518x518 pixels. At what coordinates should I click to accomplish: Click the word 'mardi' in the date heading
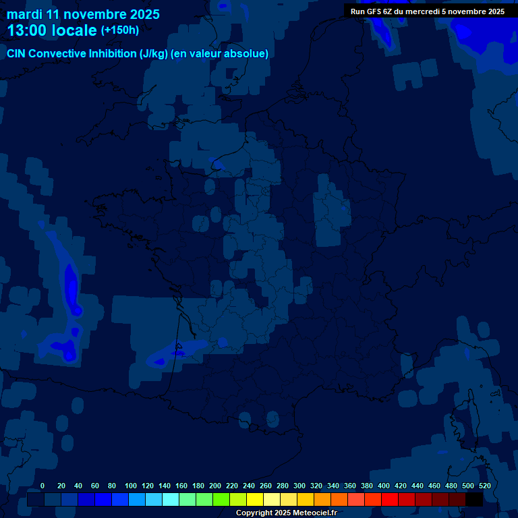pyautogui.click(x=24, y=14)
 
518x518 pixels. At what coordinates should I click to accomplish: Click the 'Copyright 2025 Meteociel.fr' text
pyautogui.click(x=286, y=513)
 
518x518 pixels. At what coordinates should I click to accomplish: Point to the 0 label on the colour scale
pyautogui.click(x=42, y=486)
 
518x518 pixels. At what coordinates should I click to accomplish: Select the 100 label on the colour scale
pyautogui.click(x=131, y=486)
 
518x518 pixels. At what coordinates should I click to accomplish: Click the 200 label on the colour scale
pyautogui.click(x=215, y=486)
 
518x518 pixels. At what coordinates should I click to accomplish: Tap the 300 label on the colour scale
pyautogui.click(x=299, y=486)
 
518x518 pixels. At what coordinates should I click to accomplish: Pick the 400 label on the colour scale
pyautogui.click(x=384, y=486)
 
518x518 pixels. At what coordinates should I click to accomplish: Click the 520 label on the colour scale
pyautogui.click(x=484, y=486)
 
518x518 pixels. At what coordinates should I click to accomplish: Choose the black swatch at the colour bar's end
pyautogui.click(x=474, y=500)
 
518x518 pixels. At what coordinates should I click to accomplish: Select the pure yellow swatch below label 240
pyautogui.click(x=254, y=500)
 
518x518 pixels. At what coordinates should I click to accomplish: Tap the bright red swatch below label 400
pyautogui.click(x=389, y=500)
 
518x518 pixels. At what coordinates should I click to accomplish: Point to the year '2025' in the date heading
pyautogui.click(x=145, y=14)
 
